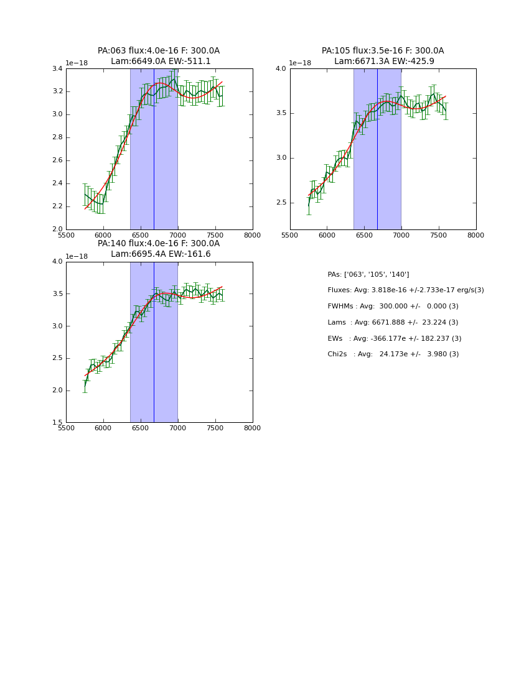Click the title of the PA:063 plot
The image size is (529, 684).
point(159,56)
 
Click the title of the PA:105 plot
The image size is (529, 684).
point(383,56)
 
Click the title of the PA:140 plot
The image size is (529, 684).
point(159,249)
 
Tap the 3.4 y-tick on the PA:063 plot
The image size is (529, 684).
point(57,68)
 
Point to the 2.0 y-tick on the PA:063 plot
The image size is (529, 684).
point(57,229)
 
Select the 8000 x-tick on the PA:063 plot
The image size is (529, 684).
point(252,235)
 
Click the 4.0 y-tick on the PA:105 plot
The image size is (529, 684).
point(281,68)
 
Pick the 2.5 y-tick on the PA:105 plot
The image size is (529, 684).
point(281,203)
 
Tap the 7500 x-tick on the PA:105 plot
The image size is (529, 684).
point(439,235)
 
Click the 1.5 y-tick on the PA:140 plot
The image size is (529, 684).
point(57,423)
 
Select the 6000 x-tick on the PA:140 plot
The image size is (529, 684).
point(103,428)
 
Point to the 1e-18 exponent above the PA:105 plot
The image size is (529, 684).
point(300,63)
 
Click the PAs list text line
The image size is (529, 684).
point(368,274)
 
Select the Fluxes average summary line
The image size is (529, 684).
point(405,290)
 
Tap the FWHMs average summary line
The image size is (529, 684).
point(393,307)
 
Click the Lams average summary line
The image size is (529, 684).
point(393,323)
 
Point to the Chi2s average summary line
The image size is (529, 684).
point(393,354)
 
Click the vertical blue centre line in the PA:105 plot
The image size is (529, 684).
point(377,149)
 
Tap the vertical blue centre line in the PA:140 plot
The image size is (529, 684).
point(154,342)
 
